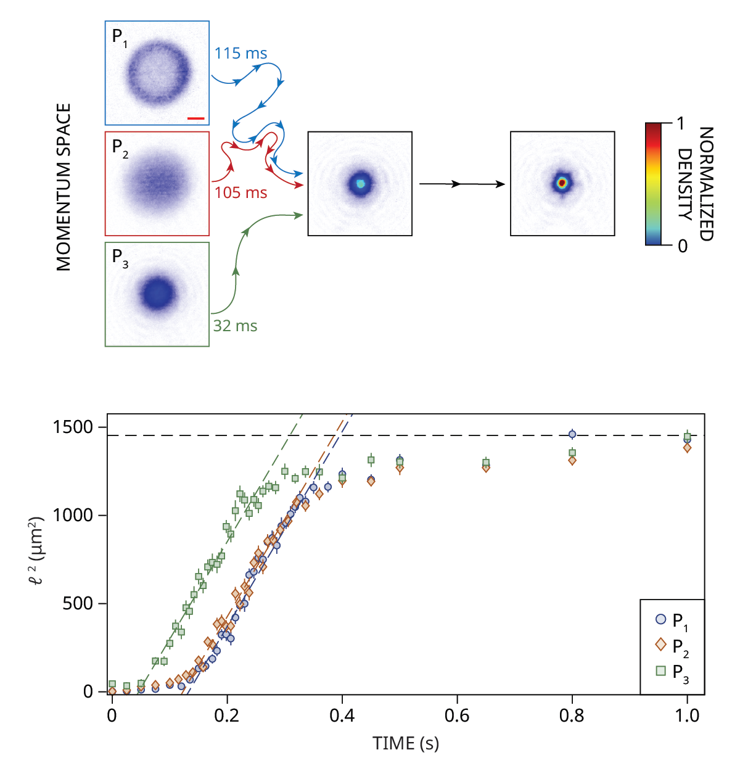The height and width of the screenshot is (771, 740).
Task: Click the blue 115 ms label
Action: tap(240, 54)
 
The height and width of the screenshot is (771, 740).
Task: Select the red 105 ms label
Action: tap(240, 193)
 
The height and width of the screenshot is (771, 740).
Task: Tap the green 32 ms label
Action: tap(235, 326)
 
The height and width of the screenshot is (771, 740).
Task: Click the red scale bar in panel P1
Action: tap(195, 118)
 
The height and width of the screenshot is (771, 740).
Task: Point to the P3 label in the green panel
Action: tap(120, 257)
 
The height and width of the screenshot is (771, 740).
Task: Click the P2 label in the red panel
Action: tap(120, 148)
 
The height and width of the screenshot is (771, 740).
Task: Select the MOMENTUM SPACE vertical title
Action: tap(64, 187)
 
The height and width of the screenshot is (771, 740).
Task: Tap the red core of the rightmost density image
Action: tap(561, 183)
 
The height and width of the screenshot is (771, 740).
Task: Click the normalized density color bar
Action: tap(653, 184)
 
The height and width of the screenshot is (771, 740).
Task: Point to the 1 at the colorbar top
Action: tap(681, 124)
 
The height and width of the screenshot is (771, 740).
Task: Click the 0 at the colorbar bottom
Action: tap(682, 246)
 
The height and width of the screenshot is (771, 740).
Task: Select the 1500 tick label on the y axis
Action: tap(73, 427)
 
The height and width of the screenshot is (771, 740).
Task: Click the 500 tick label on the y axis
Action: tap(77, 603)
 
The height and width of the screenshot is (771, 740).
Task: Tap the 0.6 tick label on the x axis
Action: tap(457, 715)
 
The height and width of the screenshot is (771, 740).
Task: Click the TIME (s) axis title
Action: tap(405, 743)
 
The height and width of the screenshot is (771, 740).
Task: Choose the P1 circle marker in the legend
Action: tap(660, 619)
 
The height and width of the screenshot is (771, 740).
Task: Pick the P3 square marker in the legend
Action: tap(660, 671)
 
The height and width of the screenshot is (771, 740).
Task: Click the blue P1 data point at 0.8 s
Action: tap(572, 434)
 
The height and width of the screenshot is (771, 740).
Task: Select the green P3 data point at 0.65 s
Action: tap(486, 463)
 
